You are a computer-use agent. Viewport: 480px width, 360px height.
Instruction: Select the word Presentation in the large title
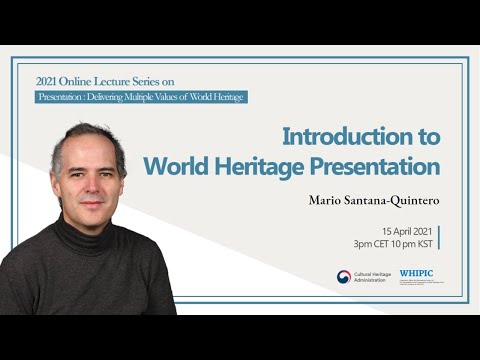[x=381, y=165]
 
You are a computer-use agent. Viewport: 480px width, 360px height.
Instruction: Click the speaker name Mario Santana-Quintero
[x=375, y=200]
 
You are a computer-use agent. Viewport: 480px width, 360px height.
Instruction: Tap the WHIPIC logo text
[x=416, y=273]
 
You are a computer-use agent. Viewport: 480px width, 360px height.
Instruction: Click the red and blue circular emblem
[x=344, y=277]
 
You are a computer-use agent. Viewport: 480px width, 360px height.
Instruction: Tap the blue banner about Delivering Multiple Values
[x=140, y=97]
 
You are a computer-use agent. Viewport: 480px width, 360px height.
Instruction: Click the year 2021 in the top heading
[x=48, y=80]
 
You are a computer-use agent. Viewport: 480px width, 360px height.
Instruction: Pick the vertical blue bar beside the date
[x=440, y=237]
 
